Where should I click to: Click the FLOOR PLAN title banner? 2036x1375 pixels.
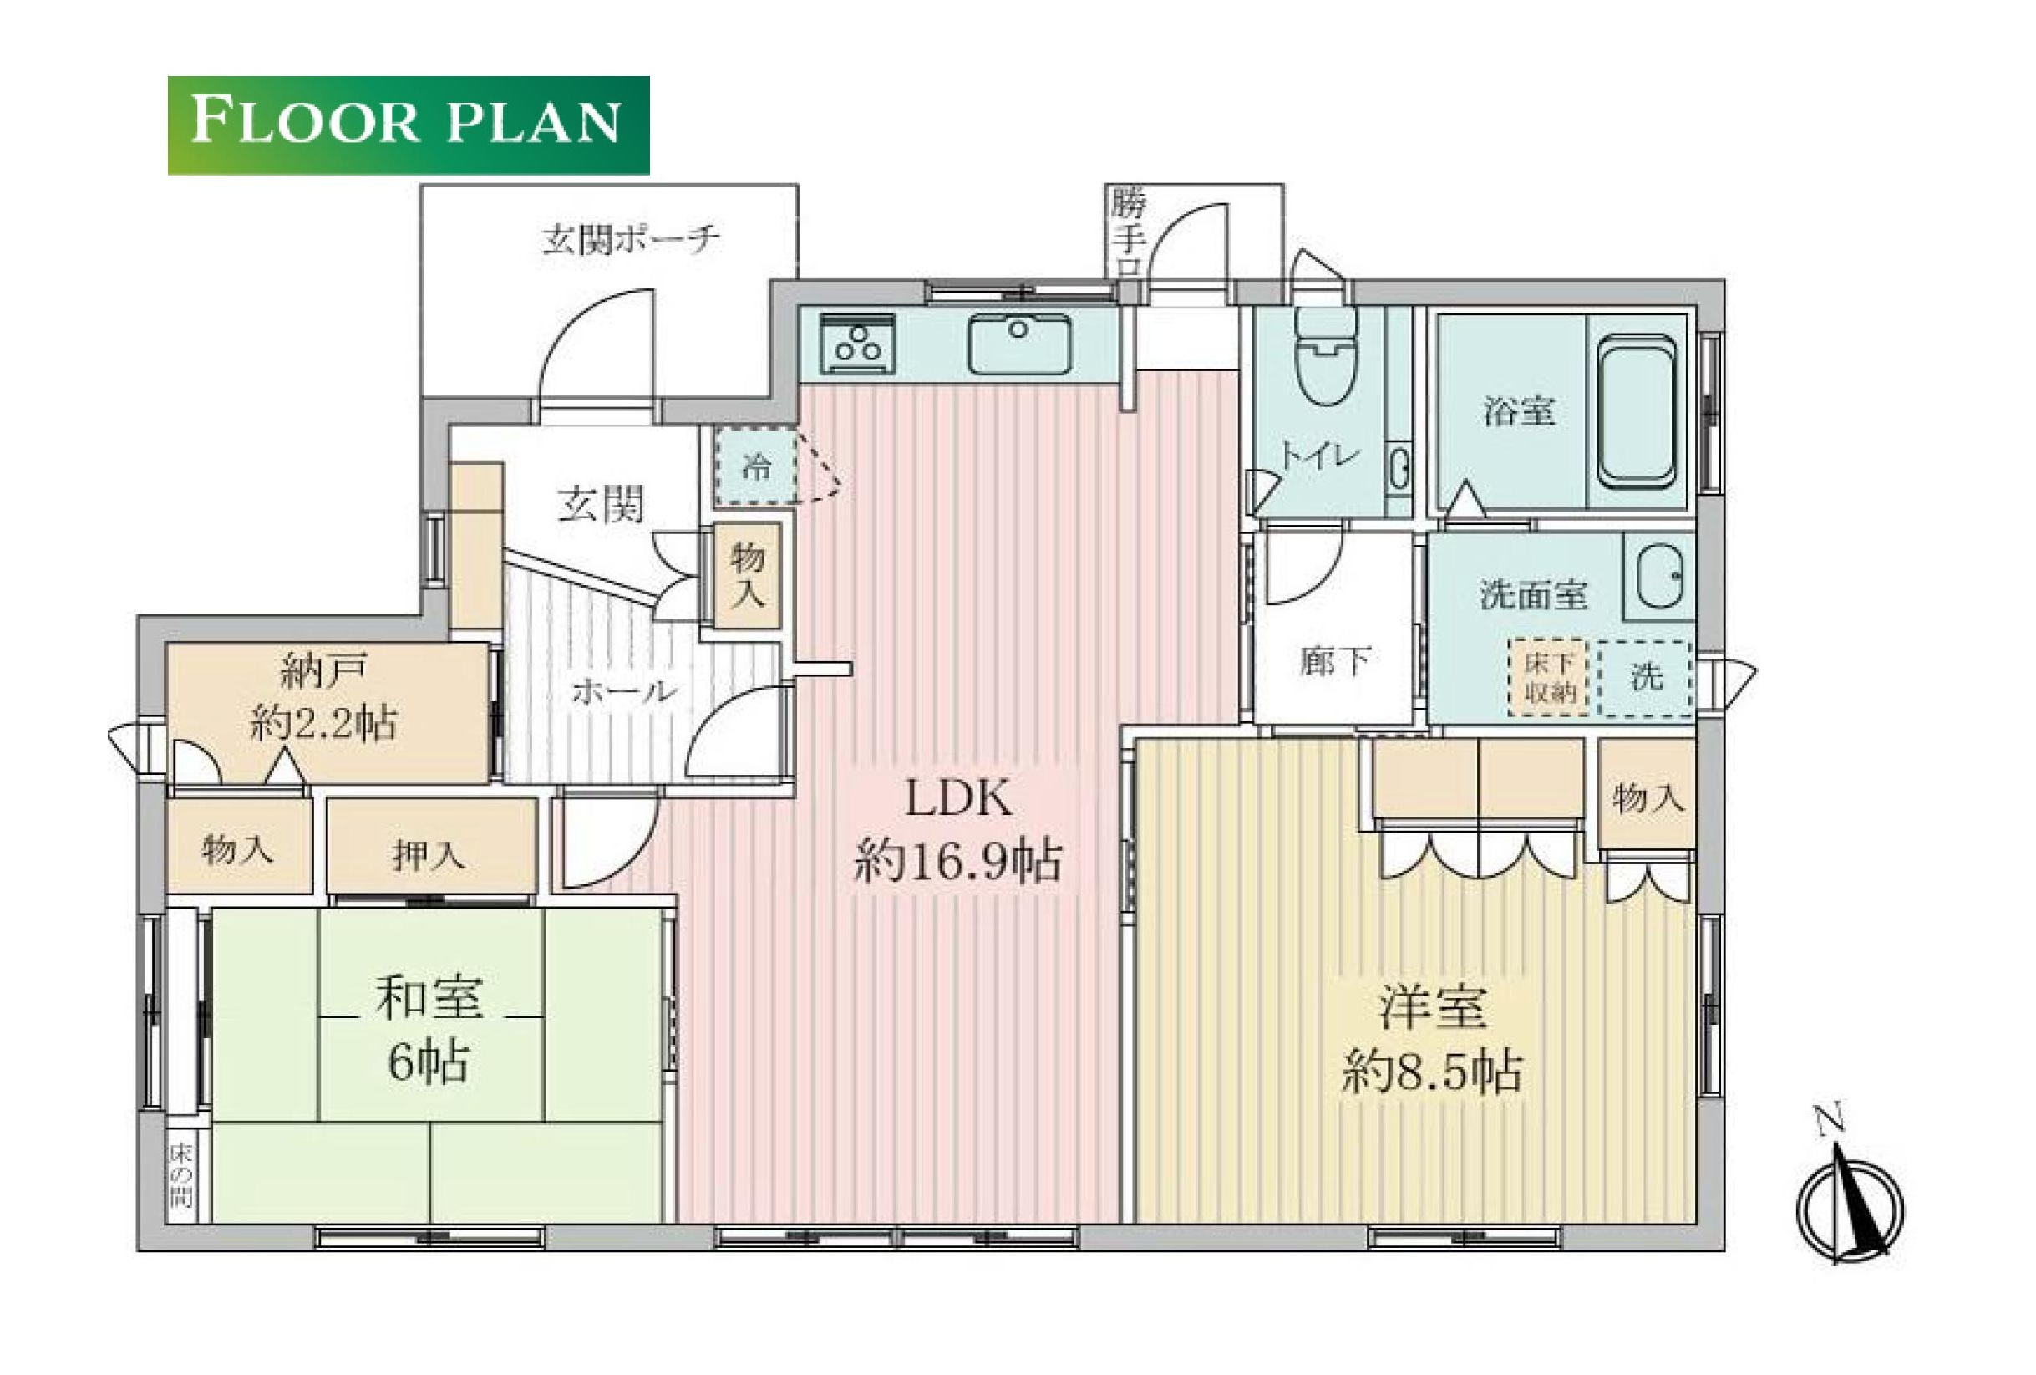[409, 125]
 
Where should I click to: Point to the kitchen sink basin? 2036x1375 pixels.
[1019, 344]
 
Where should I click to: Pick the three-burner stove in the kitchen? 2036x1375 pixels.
[859, 344]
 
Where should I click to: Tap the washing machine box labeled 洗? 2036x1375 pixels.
[1644, 678]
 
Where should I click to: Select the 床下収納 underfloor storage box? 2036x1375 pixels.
[1550, 678]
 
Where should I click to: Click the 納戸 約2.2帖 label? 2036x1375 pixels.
[322, 699]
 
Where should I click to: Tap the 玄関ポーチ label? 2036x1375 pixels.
[631, 239]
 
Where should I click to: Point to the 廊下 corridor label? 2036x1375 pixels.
[1334, 662]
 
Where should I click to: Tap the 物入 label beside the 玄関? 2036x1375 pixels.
[749, 576]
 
